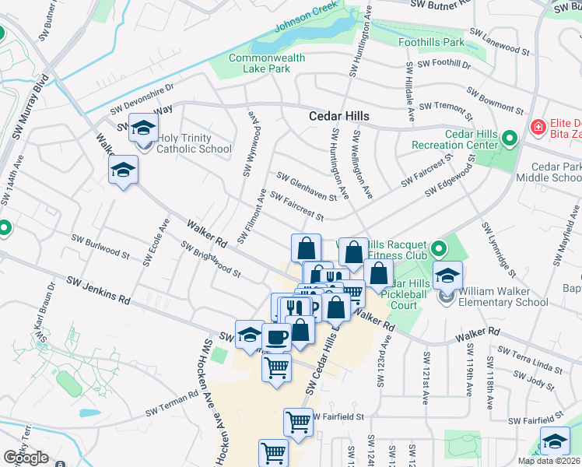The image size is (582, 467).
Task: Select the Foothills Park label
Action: click(x=431, y=41)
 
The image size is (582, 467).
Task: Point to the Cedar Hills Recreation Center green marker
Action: click(x=510, y=139)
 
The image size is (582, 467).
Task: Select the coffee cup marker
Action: click(x=276, y=337)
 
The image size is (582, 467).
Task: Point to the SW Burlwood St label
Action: click(x=100, y=246)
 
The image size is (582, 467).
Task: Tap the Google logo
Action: click(x=26, y=458)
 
